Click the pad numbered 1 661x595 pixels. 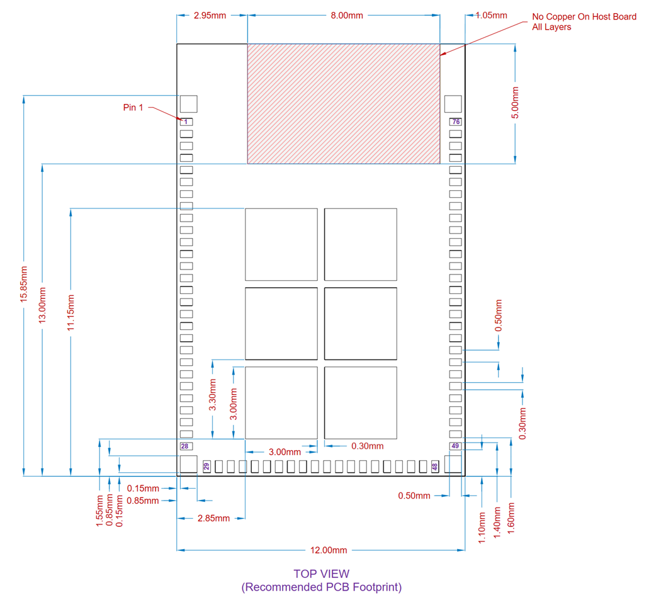tap(186, 122)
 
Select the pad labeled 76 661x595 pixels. tap(455, 122)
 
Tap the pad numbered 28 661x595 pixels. tap(186, 446)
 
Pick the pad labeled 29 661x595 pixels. tap(206, 467)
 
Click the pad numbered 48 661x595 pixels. tap(434, 467)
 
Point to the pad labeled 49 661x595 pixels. tap(455, 446)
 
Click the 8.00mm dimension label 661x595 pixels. tap(347, 15)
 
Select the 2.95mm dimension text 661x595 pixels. tap(210, 15)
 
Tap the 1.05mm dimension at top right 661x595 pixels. tap(491, 15)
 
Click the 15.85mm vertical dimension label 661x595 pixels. tap(24, 284)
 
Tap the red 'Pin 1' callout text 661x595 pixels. tap(133, 108)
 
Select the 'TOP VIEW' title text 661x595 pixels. tap(321, 574)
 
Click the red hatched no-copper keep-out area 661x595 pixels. tap(343, 104)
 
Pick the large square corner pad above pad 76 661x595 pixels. tap(453, 104)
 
